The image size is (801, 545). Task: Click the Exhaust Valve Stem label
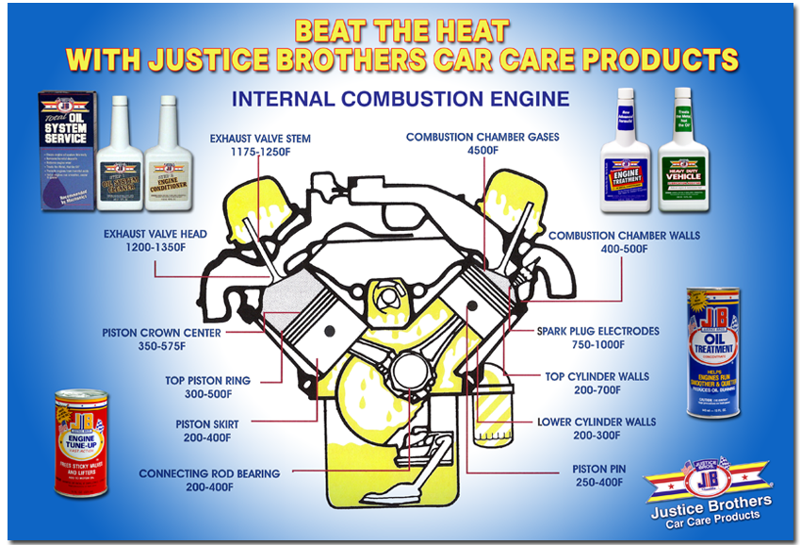(x=260, y=139)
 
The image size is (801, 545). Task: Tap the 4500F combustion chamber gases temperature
(x=482, y=151)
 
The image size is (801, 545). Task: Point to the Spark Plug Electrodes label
(x=597, y=332)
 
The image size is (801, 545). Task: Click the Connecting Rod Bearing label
(x=208, y=473)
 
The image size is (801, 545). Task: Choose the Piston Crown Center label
(x=162, y=333)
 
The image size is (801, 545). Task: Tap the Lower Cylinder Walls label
(x=597, y=421)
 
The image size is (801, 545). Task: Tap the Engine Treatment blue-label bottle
(x=628, y=149)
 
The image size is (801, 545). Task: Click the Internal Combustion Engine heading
(x=400, y=98)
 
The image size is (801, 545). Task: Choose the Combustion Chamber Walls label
(x=625, y=235)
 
